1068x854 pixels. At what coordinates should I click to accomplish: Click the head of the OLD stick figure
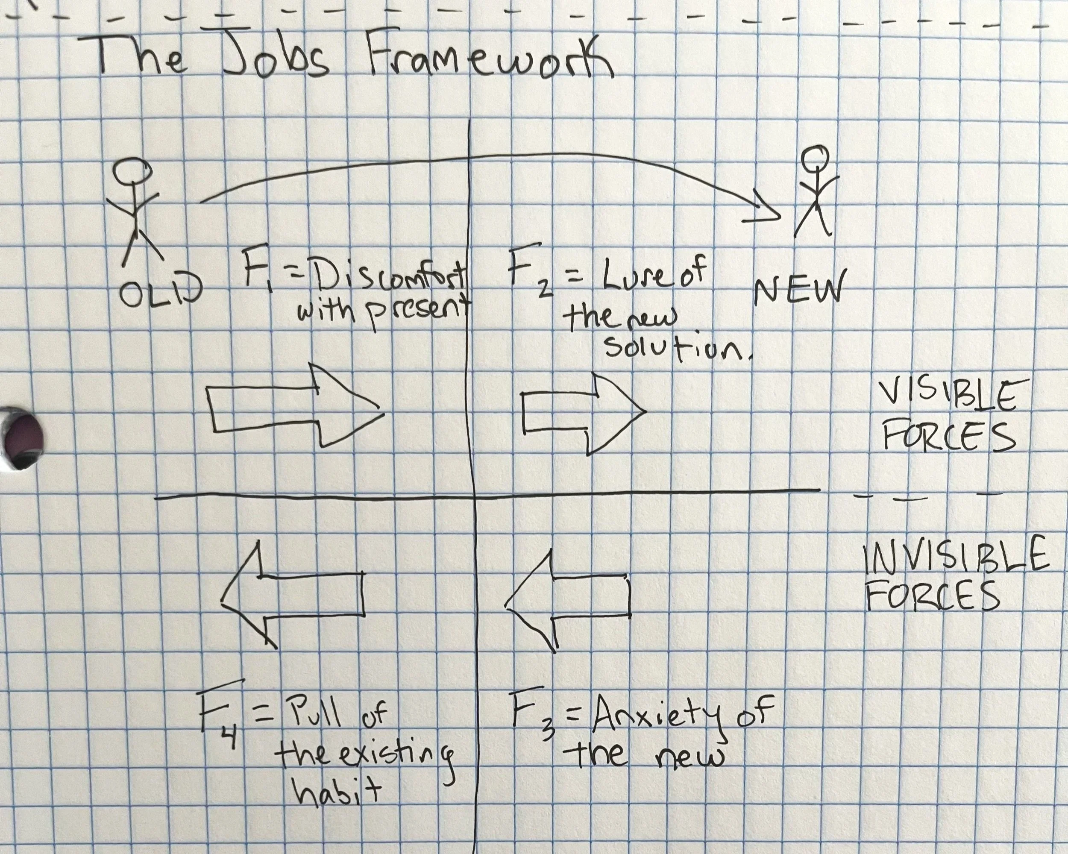pos(132,170)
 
